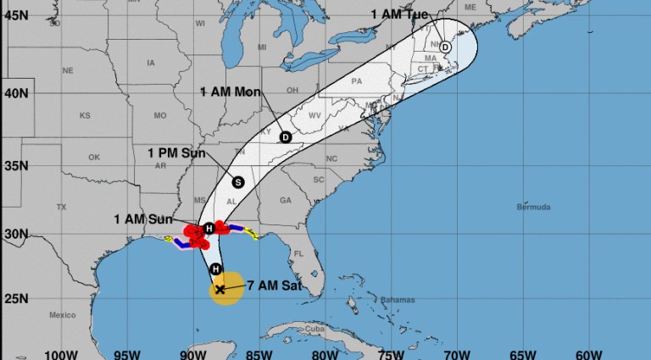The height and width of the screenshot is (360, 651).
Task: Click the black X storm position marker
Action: [x=220, y=290]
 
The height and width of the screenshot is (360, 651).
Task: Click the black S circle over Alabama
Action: [x=238, y=181]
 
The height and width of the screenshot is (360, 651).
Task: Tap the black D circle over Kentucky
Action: [x=286, y=137]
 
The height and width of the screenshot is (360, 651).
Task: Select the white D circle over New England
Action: [x=445, y=47]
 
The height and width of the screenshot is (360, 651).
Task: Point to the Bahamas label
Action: [x=398, y=301]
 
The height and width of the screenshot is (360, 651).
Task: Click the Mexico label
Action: [x=62, y=314]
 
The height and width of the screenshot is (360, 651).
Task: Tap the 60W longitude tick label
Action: [x=588, y=353]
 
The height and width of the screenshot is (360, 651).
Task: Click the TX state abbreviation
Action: [x=61, y=207]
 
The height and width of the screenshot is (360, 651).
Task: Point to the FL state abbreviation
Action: [x=298, y=252]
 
